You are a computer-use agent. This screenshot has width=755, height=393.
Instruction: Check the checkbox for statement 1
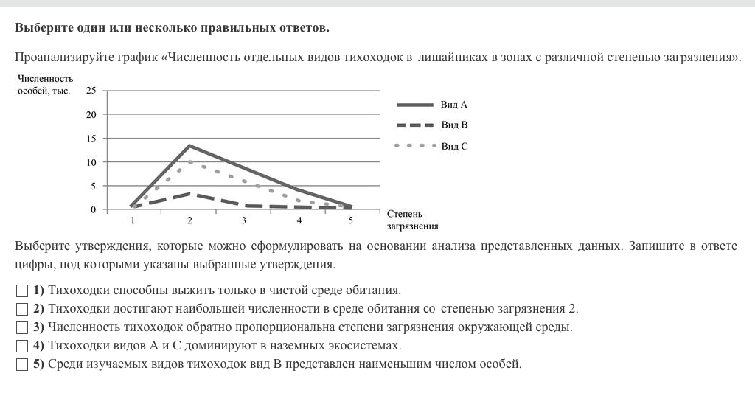[21, 290]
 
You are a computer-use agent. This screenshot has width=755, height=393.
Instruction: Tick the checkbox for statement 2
[21, 308]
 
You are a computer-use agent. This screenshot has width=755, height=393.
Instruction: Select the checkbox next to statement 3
[21, 327]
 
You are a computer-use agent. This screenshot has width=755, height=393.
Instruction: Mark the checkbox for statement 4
[21, 345]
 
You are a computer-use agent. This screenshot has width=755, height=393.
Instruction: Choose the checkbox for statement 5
[21, 364]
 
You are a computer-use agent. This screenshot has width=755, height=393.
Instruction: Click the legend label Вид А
[454, 105]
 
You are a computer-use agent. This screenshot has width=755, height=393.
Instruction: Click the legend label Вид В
[454, 125]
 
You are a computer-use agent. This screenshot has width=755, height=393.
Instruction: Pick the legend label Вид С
[454, 146]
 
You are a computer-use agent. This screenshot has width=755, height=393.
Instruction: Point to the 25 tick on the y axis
[91, 91]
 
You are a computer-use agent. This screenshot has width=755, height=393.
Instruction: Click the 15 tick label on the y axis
[91, 139]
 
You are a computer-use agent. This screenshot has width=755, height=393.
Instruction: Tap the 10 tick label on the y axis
[91, 162]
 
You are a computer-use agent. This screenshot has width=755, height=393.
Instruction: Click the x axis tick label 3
[243, 220]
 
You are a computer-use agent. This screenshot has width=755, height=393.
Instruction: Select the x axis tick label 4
[299, 220]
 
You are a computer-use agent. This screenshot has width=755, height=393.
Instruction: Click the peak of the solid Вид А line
[189, 145]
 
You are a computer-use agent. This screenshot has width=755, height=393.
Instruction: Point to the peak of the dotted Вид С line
[189, 161]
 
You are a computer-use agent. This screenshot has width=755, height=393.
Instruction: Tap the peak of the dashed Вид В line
[189, 193]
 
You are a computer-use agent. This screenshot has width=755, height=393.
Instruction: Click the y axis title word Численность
[44, 79]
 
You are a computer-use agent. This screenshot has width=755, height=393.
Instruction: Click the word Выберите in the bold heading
[42, 28]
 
